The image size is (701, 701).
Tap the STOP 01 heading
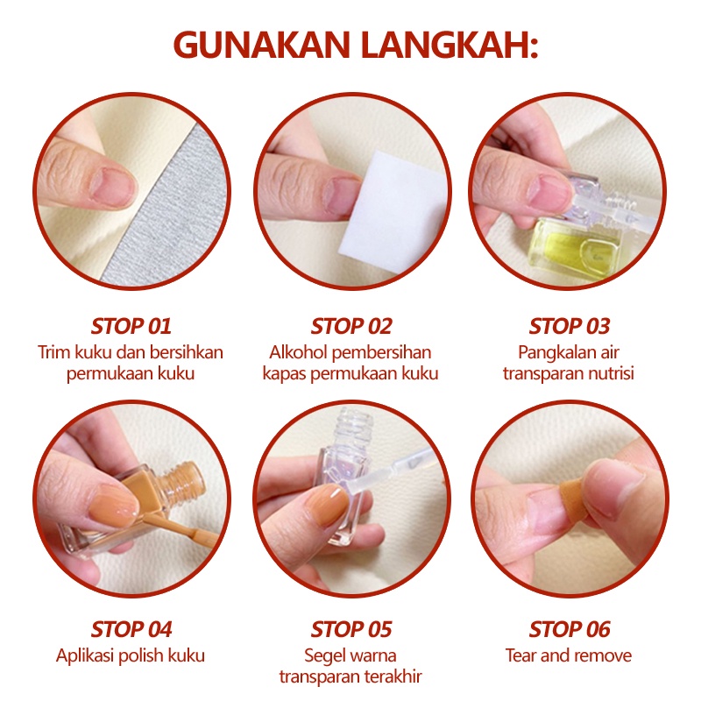point(131,326)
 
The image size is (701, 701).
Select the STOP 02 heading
point(351,326)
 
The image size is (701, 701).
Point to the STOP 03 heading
point(569,326)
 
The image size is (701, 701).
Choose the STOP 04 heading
point(131,629)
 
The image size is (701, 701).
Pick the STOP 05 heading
point(351,629)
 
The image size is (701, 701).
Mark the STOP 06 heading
point(569,629)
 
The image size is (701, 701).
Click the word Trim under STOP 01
point(53,352)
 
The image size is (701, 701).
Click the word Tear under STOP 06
point(520,655)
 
